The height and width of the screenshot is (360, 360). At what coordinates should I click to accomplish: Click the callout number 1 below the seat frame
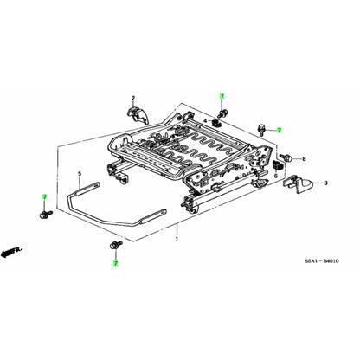(x=177, y=235)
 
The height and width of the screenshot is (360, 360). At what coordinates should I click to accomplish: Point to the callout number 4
(x=206, y=120)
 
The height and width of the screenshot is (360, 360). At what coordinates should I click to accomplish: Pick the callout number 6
(x=275, y=176)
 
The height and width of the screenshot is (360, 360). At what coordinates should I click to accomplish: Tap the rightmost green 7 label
(x=280, y=129)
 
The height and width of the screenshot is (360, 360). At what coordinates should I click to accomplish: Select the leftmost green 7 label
(x=44, y=198)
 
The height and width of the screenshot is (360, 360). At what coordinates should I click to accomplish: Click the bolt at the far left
(x=43, y=214)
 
